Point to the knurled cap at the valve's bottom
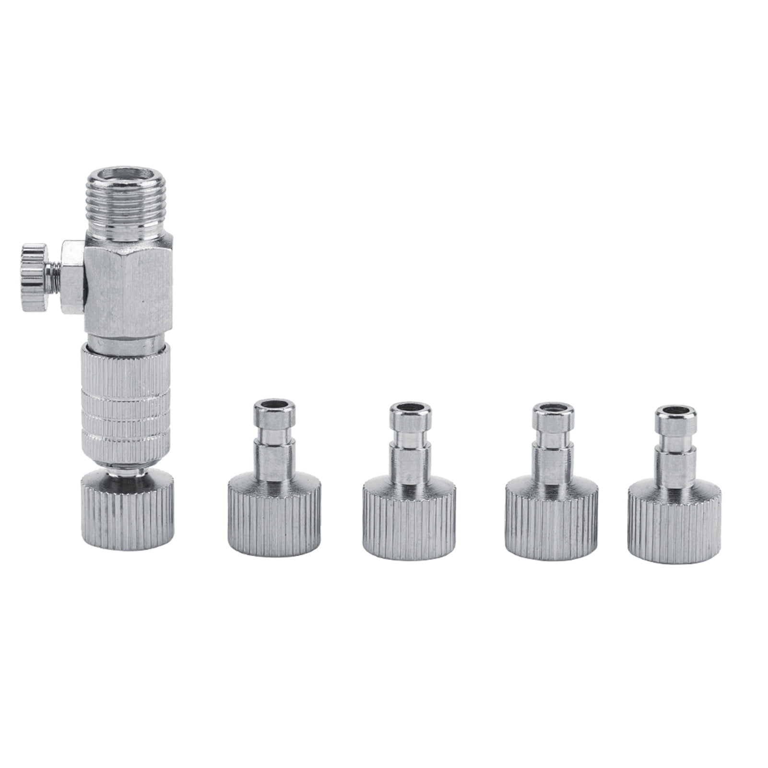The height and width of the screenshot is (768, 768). (x=126, y=514)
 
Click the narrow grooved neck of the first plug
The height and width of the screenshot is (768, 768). (x=273, y=439)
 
